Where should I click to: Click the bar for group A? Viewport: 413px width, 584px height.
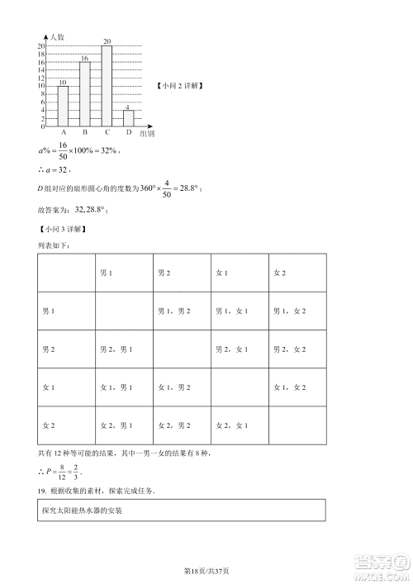click(x=64, y=106)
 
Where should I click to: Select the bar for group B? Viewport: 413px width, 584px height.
click(x=84, y=93)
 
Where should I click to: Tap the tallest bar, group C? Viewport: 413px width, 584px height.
click(x=107, y=85)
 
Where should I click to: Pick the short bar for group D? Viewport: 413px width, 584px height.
click(x=128, y=118)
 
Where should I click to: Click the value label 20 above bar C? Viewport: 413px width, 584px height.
click(x=107, y=41)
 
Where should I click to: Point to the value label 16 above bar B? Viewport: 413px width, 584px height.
click(x=84, y=58)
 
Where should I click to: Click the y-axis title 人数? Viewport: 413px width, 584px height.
click(x=57, y=37)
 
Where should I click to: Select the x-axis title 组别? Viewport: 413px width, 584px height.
click(x=146, y=132)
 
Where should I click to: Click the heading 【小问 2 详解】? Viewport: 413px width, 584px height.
click(x=178, y=86)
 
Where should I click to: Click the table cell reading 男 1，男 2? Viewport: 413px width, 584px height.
click(x=174, y=311)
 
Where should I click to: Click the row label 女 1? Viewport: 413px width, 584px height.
click(x=49, y=387)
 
